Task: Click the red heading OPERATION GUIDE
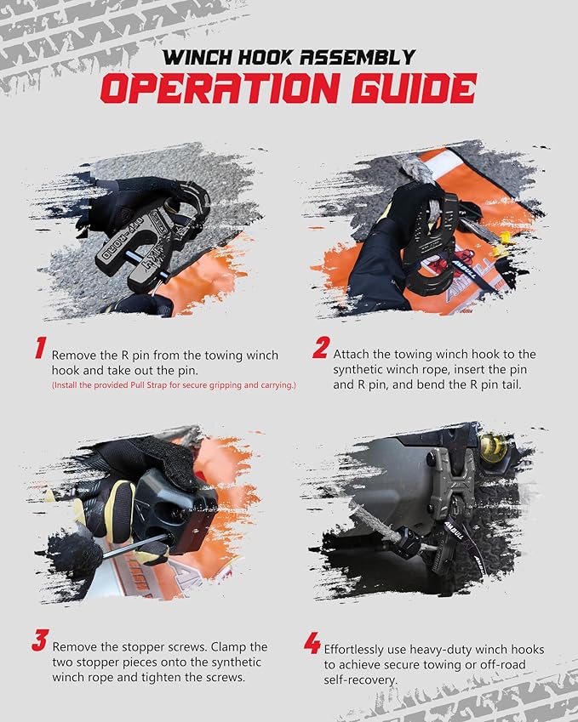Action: coord(289,88)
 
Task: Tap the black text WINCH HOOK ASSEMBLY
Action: coord(289,58)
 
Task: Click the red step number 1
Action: coord(41,348)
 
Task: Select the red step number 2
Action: coord(321,347)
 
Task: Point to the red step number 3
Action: coord(40,640)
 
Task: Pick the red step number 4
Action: coord(312,643)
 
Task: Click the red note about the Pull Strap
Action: coord(174,385)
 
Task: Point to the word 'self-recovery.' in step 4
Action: coord(360,679)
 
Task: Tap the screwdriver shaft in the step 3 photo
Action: coord(134,546)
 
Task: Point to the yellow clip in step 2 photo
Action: coord(501,244)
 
